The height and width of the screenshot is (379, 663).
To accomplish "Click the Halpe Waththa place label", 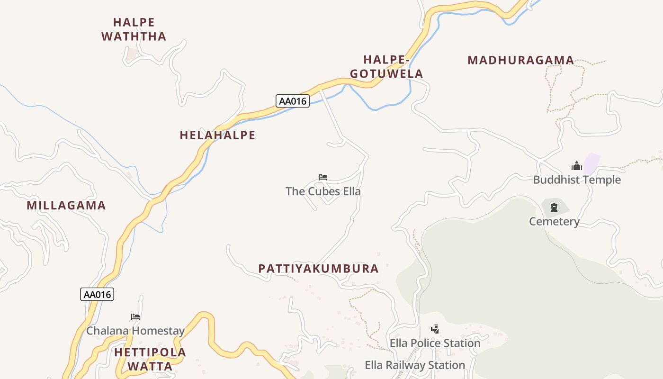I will pos(134,29).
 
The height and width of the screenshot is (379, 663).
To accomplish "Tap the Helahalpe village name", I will pos(217,135).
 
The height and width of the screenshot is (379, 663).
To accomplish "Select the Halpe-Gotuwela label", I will pos(386,67).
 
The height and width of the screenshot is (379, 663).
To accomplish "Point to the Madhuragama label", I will pos(520,61).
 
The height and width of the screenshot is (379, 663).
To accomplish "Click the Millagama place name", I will pos(66,206).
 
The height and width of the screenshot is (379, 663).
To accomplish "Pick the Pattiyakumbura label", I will pos(318,269).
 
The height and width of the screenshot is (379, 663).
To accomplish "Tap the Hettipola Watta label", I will pos(150,359).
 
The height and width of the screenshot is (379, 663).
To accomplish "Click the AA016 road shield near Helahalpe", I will pos(293,101).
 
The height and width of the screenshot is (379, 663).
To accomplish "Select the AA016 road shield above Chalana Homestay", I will pos(97,294).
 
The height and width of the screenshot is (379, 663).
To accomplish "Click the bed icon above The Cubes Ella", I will pos(323,178).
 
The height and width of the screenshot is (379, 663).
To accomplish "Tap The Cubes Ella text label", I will pos(323,191).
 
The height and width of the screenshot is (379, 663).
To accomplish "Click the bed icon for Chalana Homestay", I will pos(135,317).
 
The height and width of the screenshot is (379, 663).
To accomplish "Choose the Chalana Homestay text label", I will pos(135,331).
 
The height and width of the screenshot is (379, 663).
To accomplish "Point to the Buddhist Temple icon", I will pos(576,166).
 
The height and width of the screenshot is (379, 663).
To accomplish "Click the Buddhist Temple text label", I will pos(576,180).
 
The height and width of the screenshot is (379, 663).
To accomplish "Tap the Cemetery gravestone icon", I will pos(554,207).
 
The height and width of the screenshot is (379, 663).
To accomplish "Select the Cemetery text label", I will pos(554,221).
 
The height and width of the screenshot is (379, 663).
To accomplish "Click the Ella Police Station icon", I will pos(435,329).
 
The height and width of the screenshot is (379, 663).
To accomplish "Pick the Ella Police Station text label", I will pos(435,343).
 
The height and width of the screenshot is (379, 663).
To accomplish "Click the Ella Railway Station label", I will pos(415,365).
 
